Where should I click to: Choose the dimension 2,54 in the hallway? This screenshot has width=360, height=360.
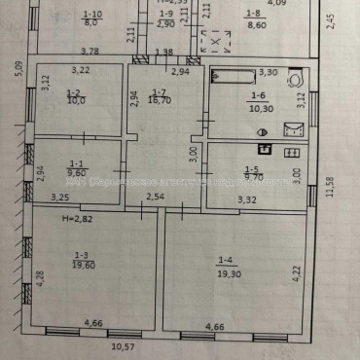pyautogui.click(x=155, y=198)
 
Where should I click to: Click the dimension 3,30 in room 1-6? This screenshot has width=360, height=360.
pyautogui.click(x=267, y=71)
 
